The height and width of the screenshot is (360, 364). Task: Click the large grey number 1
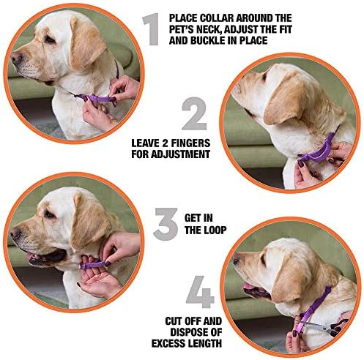click(152, 29)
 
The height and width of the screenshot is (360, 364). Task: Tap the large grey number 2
click(194, 113)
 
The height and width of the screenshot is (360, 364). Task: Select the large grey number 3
click(166, 224)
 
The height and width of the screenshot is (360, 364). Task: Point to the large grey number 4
click(200, 292)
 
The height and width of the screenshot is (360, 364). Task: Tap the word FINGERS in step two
click(190, 143)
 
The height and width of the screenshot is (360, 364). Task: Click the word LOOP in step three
click(215, 230)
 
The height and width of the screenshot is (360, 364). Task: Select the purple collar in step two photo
click(317, 149)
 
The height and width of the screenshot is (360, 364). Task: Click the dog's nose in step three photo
click(15, 233)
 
